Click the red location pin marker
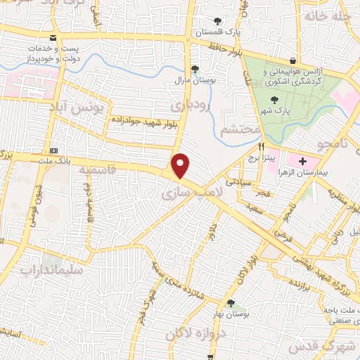[x=181, y=165]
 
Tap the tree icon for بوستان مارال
[x=195, y=69]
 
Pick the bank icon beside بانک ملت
[x=53, y=150]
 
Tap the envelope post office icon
[x=53, y=37]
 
